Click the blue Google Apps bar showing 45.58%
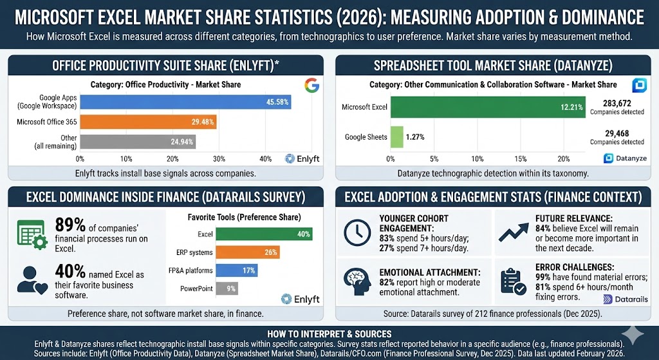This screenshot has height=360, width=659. pyautogui.click(x=185, y=102)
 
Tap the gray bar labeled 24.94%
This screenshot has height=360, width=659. pyautogui.click(x=138, y=142)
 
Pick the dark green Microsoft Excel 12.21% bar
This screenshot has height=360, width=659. pyautogui.click(x=487, y=107)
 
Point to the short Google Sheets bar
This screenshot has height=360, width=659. pyautogui.click(x=396, y=137)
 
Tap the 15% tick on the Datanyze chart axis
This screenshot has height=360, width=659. pyautogui.click(x=520, y=158)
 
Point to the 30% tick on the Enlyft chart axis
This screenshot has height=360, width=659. pyautogui.click(x=219, y=158)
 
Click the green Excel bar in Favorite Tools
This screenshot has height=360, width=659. pyautogui.click(x=265, y=234)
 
